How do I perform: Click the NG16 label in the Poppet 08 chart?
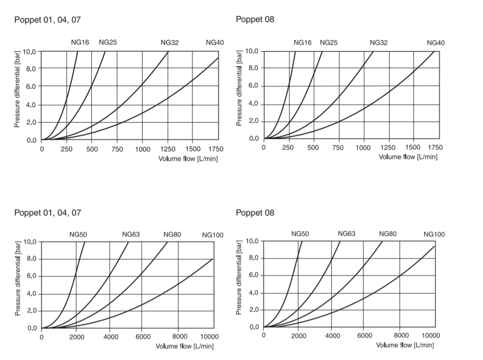(x=303, y=43)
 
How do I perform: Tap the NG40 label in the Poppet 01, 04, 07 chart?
(x=215, y=43)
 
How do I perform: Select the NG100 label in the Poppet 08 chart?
(x=434, y=235)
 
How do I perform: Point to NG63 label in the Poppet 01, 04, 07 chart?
(x=131, y=234)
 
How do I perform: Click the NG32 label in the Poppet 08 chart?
(x=378, y=43)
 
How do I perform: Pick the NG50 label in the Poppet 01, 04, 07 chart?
(x=78, y=234)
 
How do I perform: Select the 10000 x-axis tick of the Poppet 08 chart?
(x=430, y=336)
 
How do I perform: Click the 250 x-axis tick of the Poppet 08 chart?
(x=288, y=148)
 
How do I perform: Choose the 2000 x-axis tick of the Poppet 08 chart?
(x=298, y=336)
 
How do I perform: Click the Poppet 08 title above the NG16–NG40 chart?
(x=255, y=19)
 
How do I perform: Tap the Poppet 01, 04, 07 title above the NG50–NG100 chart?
(x=48, y=212)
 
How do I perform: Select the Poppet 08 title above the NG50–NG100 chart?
(x=255, y=212)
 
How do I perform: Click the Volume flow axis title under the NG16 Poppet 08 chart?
(x=408, y=156)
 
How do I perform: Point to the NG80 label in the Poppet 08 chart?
(x=388, y=234)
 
